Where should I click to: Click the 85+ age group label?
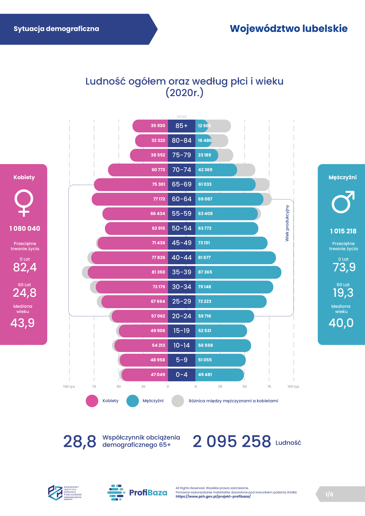181,126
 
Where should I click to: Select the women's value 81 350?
158,272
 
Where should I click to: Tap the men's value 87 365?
205,272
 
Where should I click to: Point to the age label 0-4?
181,375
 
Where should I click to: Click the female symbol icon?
24,203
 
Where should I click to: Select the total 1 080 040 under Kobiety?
25,229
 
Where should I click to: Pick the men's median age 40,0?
341,323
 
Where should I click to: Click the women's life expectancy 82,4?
25,267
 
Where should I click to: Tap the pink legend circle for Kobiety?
92,401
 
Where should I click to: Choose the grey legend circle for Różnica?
178,401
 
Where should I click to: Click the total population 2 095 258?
232,441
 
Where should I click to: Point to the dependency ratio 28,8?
80,441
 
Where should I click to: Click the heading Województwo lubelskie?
289,29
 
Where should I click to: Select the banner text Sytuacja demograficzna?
56,29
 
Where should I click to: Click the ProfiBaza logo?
137,493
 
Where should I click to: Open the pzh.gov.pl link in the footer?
213,496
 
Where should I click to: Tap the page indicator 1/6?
329,494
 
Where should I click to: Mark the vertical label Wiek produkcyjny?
287,223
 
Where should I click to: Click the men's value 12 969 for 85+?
204,126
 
